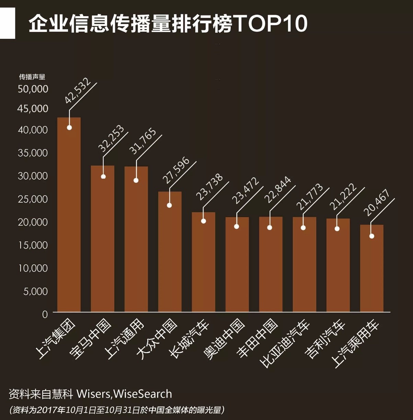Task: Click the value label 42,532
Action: point(78,91)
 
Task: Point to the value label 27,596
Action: point(176,170)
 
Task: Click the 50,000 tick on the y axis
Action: point(33,89)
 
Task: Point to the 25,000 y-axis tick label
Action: point(33,199)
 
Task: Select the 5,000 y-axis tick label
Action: point(35,291)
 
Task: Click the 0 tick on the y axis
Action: point(45,314)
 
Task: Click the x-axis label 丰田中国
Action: point(257,338)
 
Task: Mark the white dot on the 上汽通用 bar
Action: point(136,180)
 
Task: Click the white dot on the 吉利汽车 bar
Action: point(337,229)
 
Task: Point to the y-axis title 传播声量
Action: point(32,77)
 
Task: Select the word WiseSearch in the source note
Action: point(142,394)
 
